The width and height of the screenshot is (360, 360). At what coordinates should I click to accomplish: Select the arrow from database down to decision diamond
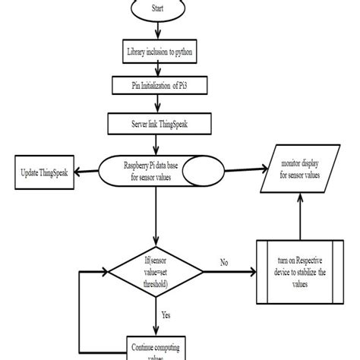click(158, 216)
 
